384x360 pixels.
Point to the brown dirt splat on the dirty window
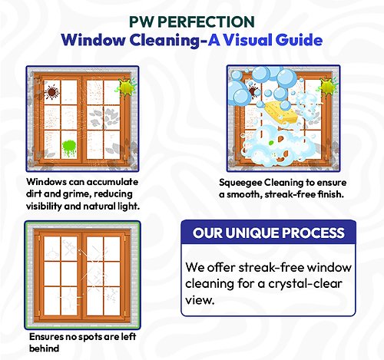(52, 93)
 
